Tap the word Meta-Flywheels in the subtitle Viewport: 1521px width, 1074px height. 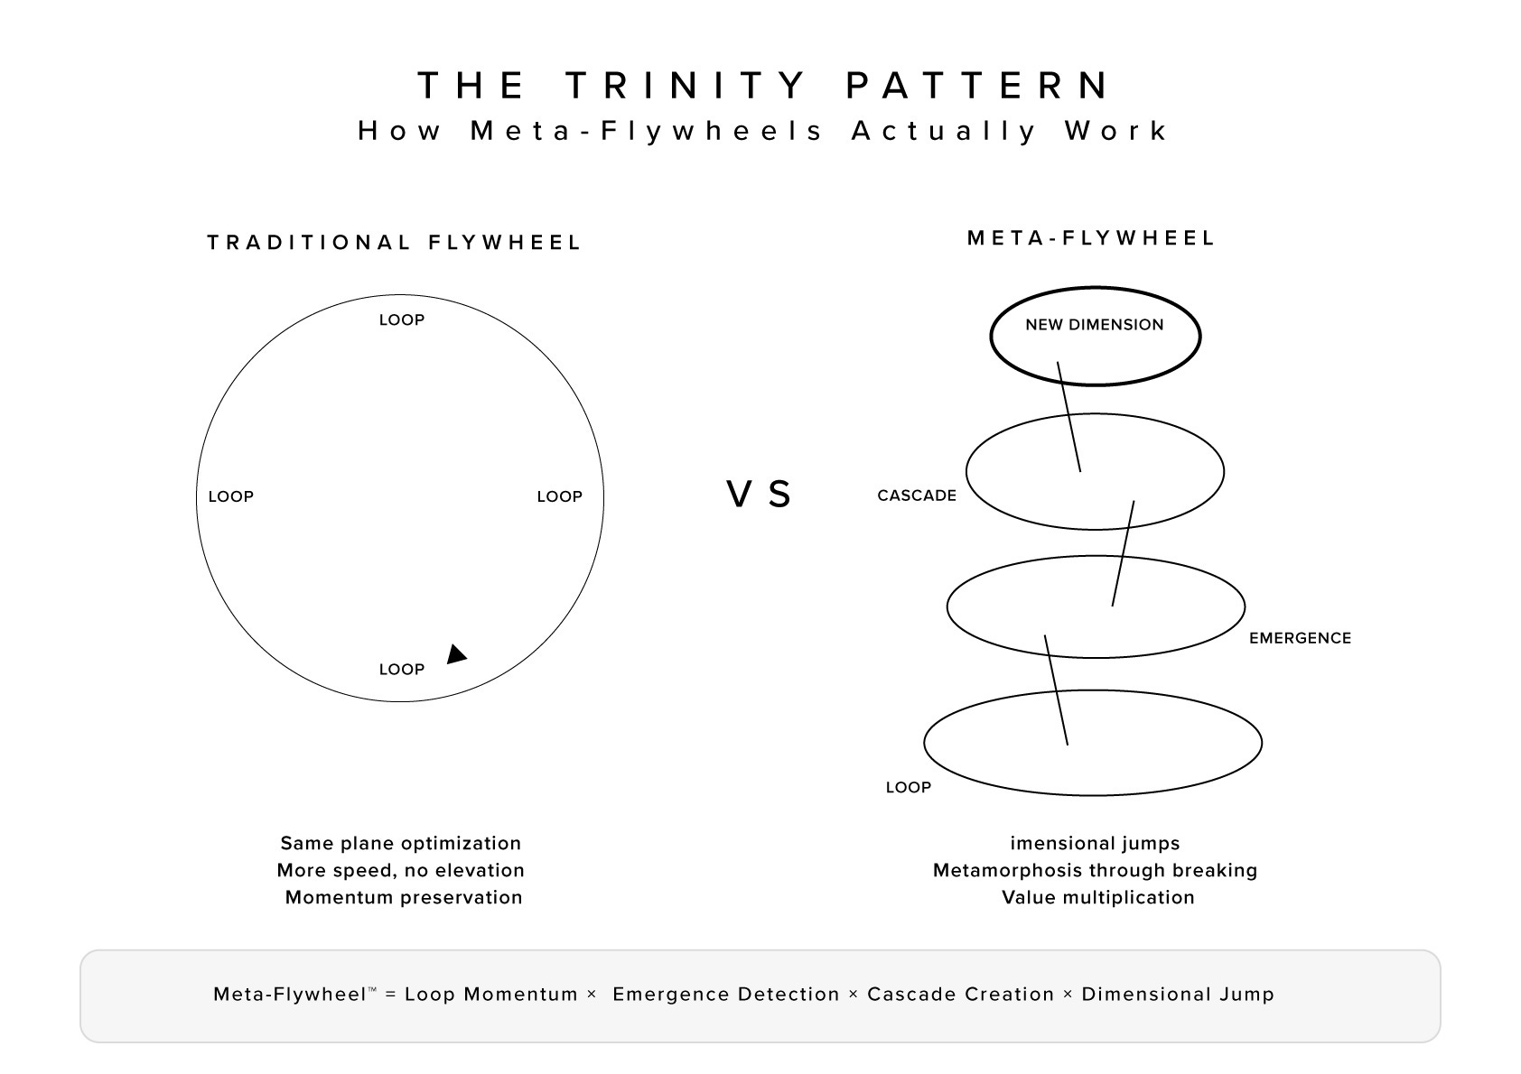click(648, 131)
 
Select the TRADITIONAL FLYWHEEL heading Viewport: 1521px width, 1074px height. click(394, 243)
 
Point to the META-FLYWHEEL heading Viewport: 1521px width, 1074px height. click(1091, 238)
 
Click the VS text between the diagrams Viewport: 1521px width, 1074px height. click(760, 495)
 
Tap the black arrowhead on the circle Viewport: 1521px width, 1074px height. click(456, 654)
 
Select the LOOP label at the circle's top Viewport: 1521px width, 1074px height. click(401, 320)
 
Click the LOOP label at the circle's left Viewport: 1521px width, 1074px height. click(230, 496)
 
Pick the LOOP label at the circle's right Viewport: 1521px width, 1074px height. click(559, 496)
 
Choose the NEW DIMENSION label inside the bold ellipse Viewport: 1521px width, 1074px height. click(1094, 325)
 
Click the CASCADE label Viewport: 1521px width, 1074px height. click(916, 495)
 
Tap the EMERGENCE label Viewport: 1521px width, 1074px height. click(1300, 638)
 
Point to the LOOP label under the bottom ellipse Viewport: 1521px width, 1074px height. click(908, 787)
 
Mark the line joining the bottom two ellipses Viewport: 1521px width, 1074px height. click(1057, 690)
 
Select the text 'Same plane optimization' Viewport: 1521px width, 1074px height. click(400, 843)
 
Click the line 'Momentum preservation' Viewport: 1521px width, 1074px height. click(404, 897)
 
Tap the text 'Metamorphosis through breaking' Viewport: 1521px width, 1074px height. click(1095, 870)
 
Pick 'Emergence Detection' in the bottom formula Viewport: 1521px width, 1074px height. click(726, 994)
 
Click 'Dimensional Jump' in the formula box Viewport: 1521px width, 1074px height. click(1177, 994)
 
